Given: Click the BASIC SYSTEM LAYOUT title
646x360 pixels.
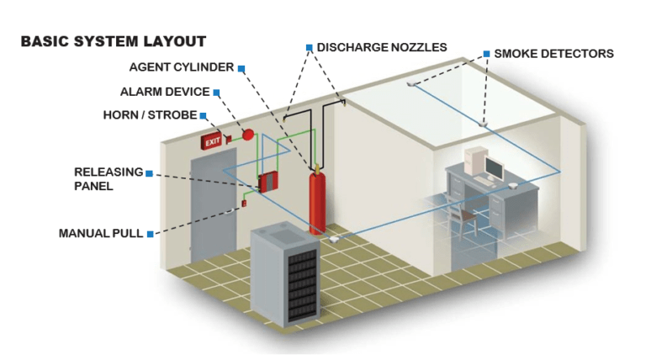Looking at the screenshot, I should pyautogui.click(x=113, y=41).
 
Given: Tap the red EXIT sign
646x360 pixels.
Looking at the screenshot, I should pyautogui.click(x=210, y=142).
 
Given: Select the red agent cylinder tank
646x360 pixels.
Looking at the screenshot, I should pyautogui.click(x=317, y=199).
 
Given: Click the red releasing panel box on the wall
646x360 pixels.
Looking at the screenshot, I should pyautogui.click(x=269, y=182).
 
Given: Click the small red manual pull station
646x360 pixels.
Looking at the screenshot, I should pyautogui.click(x=244, y=203).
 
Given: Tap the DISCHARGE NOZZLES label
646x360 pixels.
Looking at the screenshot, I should pyautogui.click(x=381, y=47).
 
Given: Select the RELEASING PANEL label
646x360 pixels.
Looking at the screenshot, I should pyautogui.click(x=109, y=179).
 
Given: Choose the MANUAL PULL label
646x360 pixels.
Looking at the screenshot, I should pyautogui.click(x=100, y=233).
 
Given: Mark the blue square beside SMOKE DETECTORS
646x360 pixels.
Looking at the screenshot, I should pyautogui.click(x=486, y=54).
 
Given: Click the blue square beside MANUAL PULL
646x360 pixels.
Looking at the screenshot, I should pyautogui.click(x=150, y=233).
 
